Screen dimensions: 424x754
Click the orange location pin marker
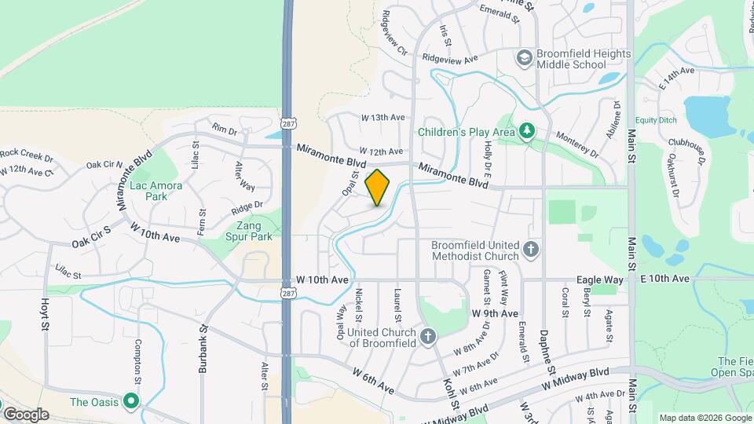pos(378,188)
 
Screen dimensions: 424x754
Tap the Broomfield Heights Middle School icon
pos(524,57)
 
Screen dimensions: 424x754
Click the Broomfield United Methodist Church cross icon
pos(531,250)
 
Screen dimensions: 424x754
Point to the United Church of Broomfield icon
pos(428,337)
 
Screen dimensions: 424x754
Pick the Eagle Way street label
pos(600,279)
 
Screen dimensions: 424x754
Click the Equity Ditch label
pos(656,120)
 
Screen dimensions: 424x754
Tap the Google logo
pos(25,414)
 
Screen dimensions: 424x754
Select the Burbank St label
pos(203,349)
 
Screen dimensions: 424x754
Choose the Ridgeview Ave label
pos(449,59)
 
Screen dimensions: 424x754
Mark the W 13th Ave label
pos(382,117)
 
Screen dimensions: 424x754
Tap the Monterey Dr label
pos(576,135)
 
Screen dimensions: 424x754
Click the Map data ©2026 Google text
pos(705,417)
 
